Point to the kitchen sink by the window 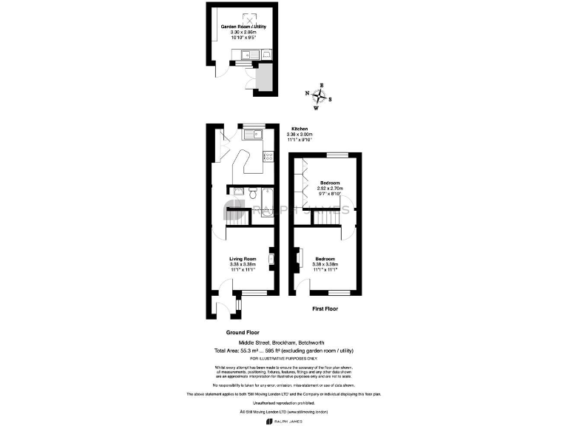[x=255, y=134]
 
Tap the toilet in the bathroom [x=252, y=195]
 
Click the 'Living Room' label [x=243, y=258]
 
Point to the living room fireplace [x=271, y=258]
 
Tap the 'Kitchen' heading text [x=299, y=128]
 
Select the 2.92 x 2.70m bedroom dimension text [x=329, y=189]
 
